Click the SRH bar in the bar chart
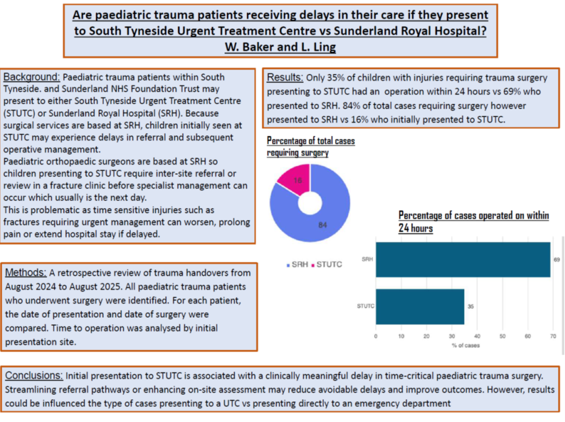(462, 260)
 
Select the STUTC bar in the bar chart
(419, 306)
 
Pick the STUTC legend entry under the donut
(326, 264)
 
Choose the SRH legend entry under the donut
(298, 264)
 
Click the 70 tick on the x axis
(553, 337)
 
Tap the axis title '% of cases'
(466, 345)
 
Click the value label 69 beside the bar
(557, 260)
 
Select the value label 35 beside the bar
(470, 306)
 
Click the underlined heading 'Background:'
(32, 77)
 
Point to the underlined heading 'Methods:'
(26, 273)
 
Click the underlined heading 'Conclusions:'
(34, 376)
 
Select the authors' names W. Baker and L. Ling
(280, 47)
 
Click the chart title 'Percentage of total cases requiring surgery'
(310, 147)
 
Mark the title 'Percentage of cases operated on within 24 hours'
(473, 222)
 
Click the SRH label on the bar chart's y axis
(367, 260)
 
